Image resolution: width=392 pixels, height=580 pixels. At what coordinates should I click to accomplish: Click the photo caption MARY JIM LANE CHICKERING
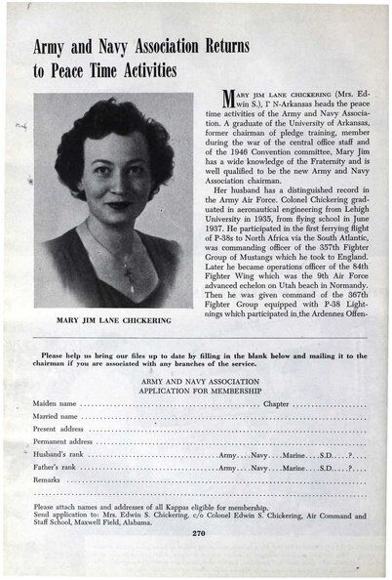[113, 320]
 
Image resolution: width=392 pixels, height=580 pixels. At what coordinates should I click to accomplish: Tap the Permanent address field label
[65, 441]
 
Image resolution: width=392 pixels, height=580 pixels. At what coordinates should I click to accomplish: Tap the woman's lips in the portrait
[118, 206]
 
